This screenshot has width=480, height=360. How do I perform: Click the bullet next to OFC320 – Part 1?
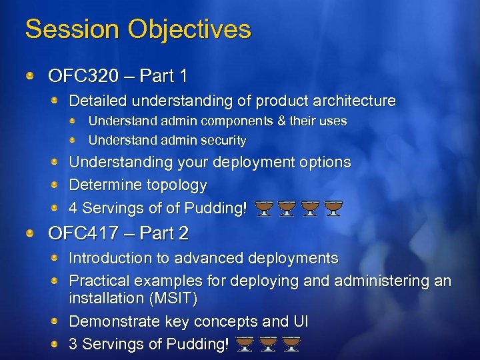click(x=31, y=77)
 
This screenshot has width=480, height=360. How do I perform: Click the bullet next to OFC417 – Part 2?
click(x=31, y=234)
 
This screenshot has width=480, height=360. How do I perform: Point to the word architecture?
click(x=353, y=101)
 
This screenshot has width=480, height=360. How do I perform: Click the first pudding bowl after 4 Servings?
click(x=265, y=209)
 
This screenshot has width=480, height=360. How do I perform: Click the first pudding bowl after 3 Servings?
click(x=244, y=344)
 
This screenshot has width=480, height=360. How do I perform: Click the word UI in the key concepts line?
click(x=300, y=321)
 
